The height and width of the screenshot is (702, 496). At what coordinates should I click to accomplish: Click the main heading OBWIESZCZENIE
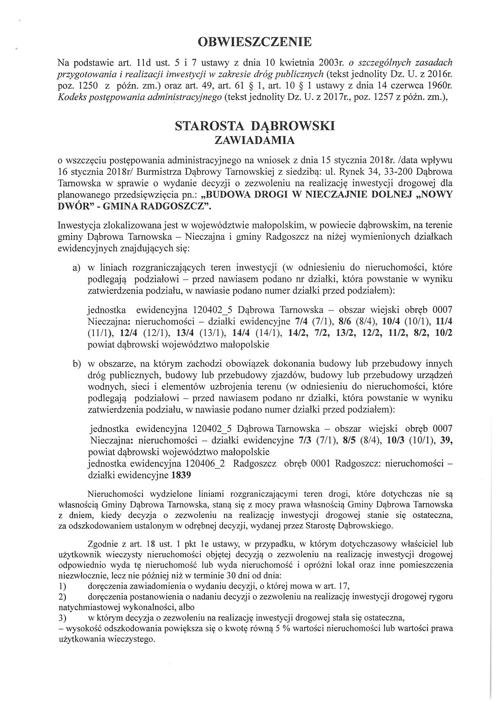click(254, 42)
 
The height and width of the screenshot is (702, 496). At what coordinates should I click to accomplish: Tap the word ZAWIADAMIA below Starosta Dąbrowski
click(254, 140)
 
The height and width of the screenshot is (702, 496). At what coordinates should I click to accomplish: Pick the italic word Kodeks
click(71, 98)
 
